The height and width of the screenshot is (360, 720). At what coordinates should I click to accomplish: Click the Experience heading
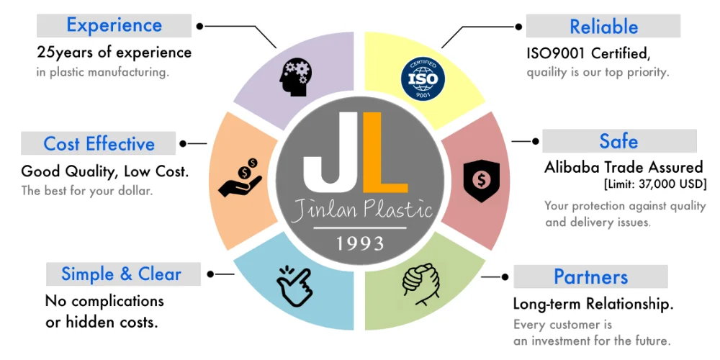(x=114, y=25)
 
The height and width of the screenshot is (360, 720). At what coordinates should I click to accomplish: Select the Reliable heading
(x=603, y=27)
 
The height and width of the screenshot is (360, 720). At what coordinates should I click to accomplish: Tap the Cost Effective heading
(x=99, y=143)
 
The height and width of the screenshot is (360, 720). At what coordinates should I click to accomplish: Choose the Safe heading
(x=618, y=140)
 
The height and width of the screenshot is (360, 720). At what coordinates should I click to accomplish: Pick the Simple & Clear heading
(x=121, y=274)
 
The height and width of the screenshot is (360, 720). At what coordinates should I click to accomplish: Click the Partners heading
(x=590, y=277)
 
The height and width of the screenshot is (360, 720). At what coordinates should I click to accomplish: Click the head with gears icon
(x=295, y=76)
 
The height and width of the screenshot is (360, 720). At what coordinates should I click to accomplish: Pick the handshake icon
(x=420, y=282)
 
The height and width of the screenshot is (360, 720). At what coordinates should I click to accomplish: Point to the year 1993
(x=359, y=243)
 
